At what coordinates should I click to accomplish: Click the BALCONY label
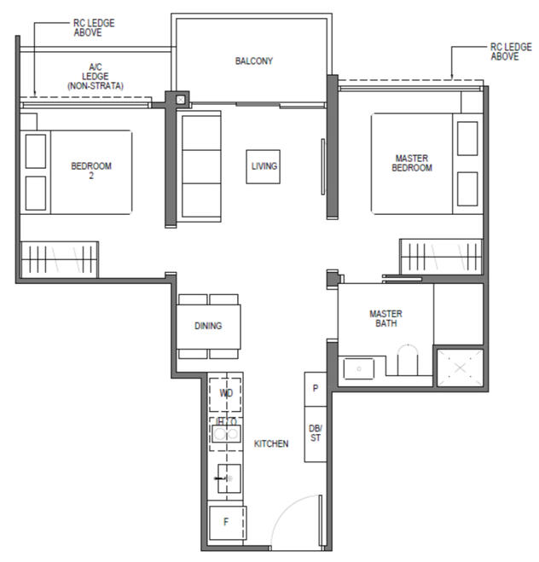pos(253,61)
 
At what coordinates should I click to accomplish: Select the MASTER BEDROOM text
pos(412,163)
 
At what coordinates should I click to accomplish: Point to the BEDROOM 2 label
pos(90,170)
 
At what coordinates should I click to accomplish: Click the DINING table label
pos(208,326)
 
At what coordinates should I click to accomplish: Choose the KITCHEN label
pos(271,443)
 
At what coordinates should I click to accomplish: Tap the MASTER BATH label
pos(385,318)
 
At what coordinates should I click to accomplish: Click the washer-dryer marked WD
pos(226,394)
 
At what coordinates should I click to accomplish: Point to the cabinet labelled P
pos(316,389)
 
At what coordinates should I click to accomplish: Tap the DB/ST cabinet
pos(316,432)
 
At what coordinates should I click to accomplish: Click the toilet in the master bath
pos(410,362)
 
